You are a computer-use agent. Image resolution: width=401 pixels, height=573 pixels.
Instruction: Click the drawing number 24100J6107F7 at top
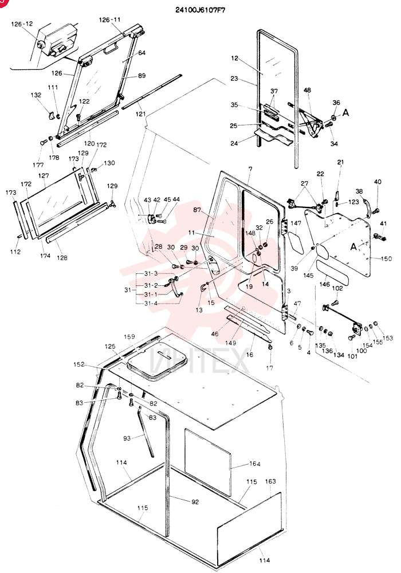pos(200,10)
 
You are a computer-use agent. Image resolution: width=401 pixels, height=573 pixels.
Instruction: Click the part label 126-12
pos(22,24)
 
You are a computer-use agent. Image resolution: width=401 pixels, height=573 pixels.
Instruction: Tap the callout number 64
pos(141,53)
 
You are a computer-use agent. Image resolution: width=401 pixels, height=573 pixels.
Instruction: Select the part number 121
pos(140,115)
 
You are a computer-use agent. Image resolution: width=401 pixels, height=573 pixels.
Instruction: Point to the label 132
pos(36,95)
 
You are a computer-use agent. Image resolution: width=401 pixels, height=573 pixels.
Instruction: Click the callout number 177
pos(38,165)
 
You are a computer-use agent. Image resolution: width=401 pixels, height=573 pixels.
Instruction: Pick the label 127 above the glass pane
pos(44,176)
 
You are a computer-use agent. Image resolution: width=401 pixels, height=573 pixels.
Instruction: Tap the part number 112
pos(15,252)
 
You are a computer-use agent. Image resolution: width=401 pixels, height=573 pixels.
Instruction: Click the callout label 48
pos(307,91)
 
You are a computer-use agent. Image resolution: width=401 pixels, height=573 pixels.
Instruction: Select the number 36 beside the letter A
pos(336,103)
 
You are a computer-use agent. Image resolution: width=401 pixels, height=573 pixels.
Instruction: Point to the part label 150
pos(386,259)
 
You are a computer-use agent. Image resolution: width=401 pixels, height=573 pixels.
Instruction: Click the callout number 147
pos(296,223)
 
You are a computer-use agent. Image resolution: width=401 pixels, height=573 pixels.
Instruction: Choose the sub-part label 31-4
pos(151,303)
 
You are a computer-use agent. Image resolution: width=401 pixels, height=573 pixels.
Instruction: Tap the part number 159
pos(129,336)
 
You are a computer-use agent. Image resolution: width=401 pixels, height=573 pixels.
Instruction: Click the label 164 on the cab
pos(255,464)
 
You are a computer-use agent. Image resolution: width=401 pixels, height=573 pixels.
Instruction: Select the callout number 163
pos(270,481)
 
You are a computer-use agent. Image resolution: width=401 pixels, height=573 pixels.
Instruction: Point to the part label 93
pos(127,438)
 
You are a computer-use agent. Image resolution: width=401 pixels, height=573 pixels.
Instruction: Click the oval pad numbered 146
pos(332,272)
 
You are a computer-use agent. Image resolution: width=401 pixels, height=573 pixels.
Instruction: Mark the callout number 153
pos(388,338)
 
